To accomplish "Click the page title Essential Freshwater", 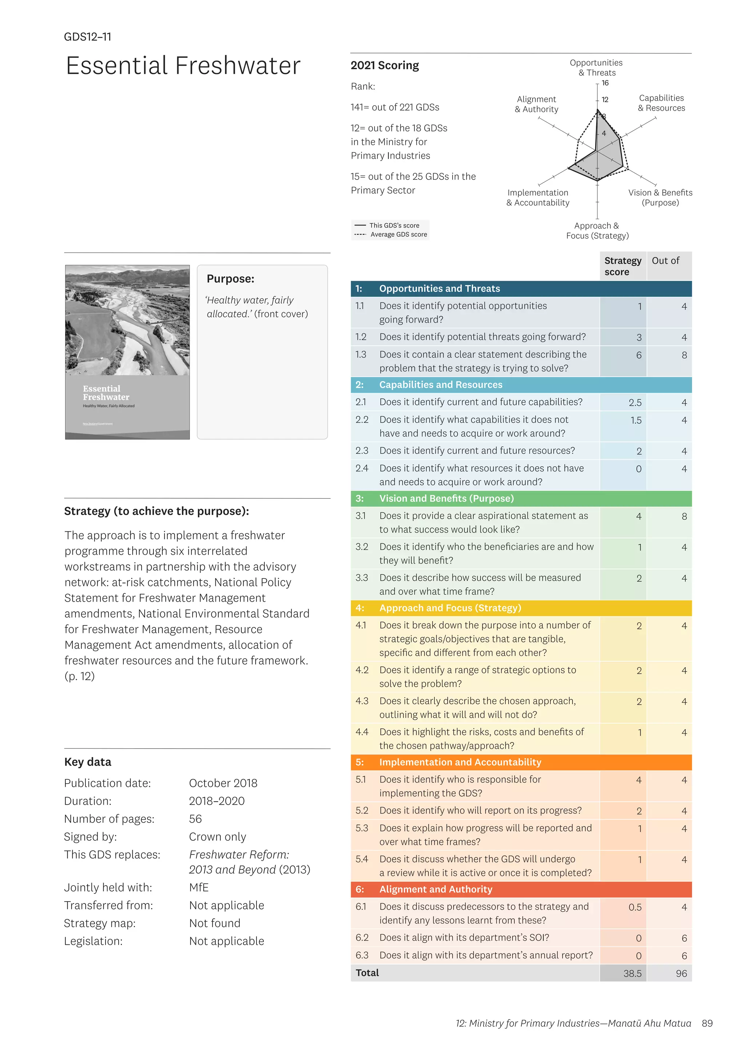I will point(183,66).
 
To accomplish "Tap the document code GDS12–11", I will point(88,37).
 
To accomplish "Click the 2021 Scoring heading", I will point(385,65).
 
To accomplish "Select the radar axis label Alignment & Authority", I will point(536,104).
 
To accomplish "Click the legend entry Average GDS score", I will point(398,235).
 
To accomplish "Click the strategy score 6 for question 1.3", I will point(638,355).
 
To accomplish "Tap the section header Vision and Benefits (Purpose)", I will point(446,499).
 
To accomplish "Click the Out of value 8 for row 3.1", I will point(684,516).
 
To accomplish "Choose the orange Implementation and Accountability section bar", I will point(521,762).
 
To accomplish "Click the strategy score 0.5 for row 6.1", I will point(635,908).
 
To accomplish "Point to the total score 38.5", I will point(632,974).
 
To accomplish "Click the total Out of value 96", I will point(681,974).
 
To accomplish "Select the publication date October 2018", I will point(223,783).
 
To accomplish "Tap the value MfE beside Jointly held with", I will point(199,887).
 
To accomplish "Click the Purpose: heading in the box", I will point(230,279).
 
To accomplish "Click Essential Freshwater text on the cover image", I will point(106,393).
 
